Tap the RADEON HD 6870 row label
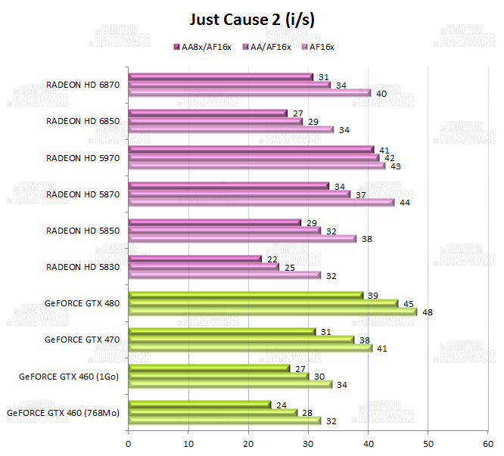click(x=82, y=85)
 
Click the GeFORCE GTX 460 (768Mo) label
click(x=64, y=413)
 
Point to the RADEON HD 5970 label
click(x=82, y=157)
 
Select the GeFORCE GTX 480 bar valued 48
click(x=272, y=312)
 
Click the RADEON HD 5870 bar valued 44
click(x=261, y=203)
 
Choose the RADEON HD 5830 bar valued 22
click(x=195, y=259)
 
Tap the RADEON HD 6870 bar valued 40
click(x=250, y=93)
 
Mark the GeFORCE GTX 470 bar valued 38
click(x=241, y=340)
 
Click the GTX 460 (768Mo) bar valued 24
click(x=200, y=405)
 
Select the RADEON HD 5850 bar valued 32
click(x=225, y=230)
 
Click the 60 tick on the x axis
click(x=487, y=443)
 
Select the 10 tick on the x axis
click(x=188, y=443)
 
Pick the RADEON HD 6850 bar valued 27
click(x=208, y=113)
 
